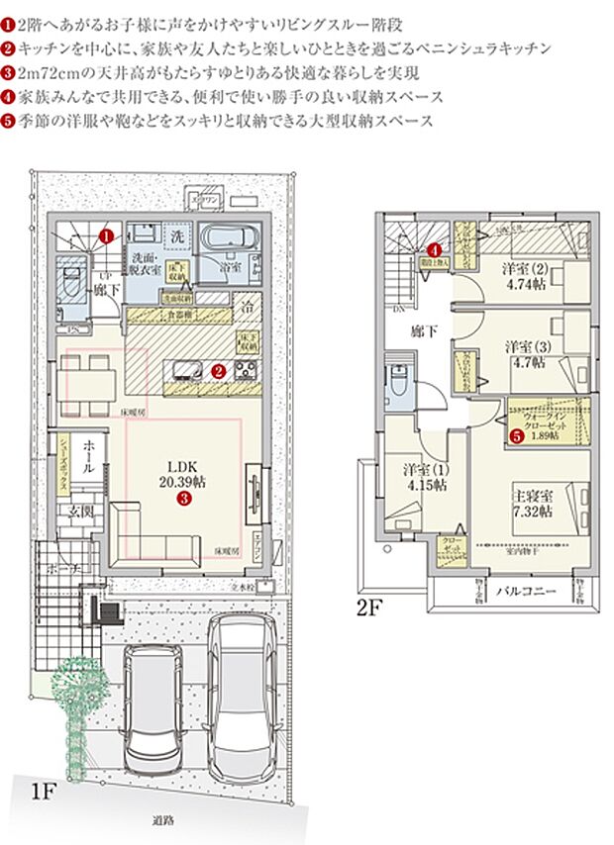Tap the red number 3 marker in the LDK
[x=183, y=500]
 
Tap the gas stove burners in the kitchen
[x=246, y=371]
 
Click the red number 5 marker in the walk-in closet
[x=516, y=432]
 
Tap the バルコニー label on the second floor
[x=523, y=591]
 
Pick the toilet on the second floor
[x=396, y=381]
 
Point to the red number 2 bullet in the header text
[x=9, y=47]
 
